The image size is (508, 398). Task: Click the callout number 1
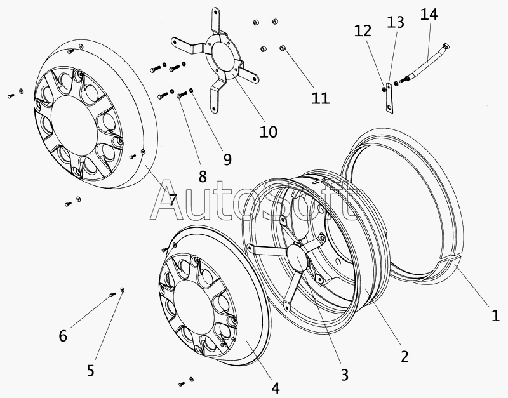495,315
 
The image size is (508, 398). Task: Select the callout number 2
404,356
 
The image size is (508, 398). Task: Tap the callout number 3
345,375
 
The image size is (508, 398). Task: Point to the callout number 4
275,388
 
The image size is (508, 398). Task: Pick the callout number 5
90,371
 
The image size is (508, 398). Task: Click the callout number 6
63,336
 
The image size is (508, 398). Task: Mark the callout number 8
203,177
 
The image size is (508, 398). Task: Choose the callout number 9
227,159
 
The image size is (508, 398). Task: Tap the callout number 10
269,132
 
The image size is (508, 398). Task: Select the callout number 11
321,98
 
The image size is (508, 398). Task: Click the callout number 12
363,30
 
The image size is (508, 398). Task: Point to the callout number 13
396,22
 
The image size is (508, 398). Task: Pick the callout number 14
429,14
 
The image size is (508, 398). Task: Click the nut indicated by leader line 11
283,48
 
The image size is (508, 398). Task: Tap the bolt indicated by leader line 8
182,95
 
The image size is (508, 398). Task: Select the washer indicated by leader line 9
192,90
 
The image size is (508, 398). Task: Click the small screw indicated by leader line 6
112,295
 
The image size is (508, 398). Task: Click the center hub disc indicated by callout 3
297,253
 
